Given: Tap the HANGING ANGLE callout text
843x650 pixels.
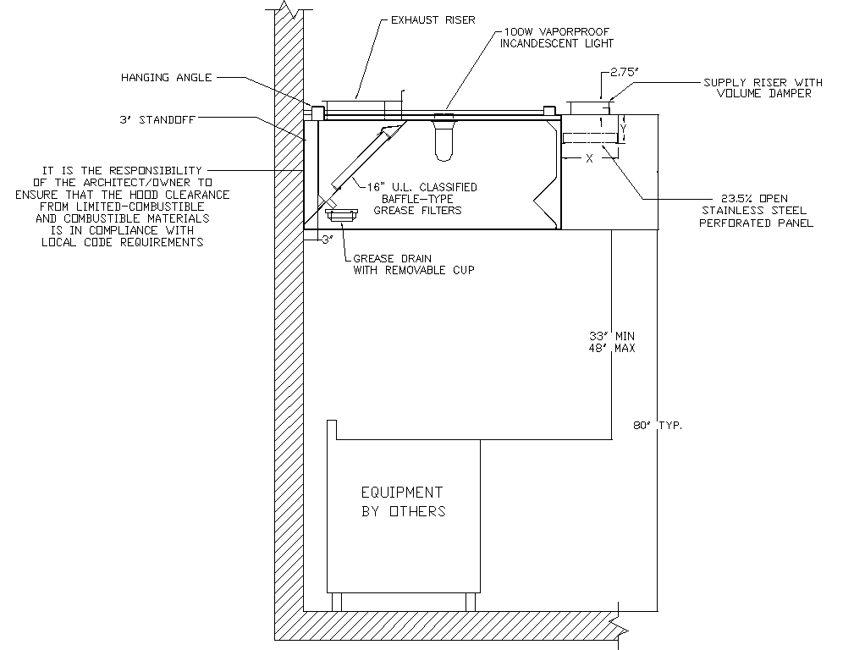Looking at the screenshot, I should [166, 78].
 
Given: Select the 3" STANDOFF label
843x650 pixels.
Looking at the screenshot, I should [157, 120].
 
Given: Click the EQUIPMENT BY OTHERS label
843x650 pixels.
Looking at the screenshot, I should [403, 501].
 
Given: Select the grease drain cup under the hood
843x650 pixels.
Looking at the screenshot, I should [341, 218].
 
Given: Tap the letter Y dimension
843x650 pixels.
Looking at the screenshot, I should [623, 130].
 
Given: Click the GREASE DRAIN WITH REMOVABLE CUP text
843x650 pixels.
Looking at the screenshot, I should [413, 264].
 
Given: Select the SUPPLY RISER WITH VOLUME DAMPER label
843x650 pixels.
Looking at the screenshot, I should [763, 88].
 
